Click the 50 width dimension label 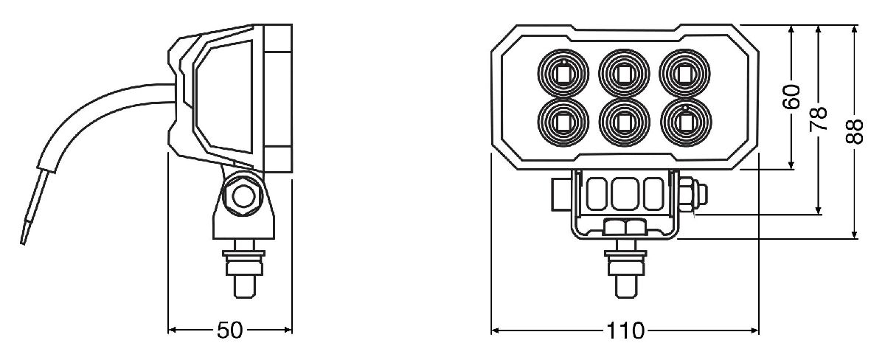point(231,330)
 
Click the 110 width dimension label point(625,330)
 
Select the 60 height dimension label point(791,97)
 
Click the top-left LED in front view point(563,74)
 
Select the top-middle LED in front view point(624,74)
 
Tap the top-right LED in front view point(684,74)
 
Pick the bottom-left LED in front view point(563,120)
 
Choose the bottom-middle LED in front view point(624,120)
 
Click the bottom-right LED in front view point(684,120)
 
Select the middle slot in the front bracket point(624,194)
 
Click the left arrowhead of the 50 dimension point(173,330)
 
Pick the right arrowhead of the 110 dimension point(754,330)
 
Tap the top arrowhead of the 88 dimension point(855,30)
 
